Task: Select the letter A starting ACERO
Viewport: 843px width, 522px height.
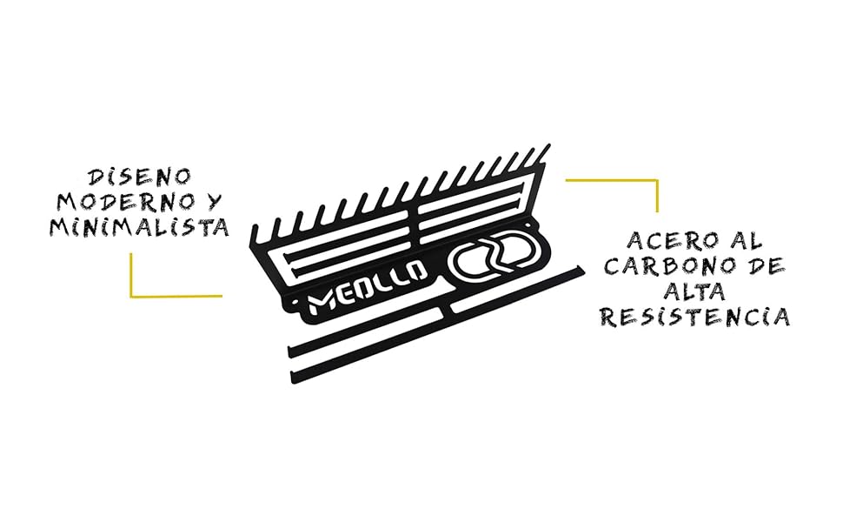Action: (x=635, y=239)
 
